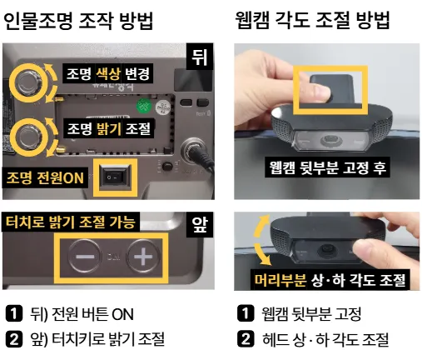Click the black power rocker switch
tap(115, 177)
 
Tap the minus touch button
tap(85, 257)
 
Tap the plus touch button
tap(143, 257)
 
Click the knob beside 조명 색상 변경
tap(27, 82)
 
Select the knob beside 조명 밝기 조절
tap(27, 137)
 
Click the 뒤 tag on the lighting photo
tap(200, 57)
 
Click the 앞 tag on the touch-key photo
tap(200, 225)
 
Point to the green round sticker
tap(144, 106)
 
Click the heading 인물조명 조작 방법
tap(78, 21)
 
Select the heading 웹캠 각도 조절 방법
tap(312, 20)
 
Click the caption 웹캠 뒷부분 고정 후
tap(327, 167)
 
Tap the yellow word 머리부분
tap(281, 280)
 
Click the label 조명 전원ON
tap(45, 177)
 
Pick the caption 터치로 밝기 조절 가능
tap(71, 222)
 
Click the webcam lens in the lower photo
tap(328, 249)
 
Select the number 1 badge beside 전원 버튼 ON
tap(14, 313)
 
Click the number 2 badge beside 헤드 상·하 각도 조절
tap(246, 339)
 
